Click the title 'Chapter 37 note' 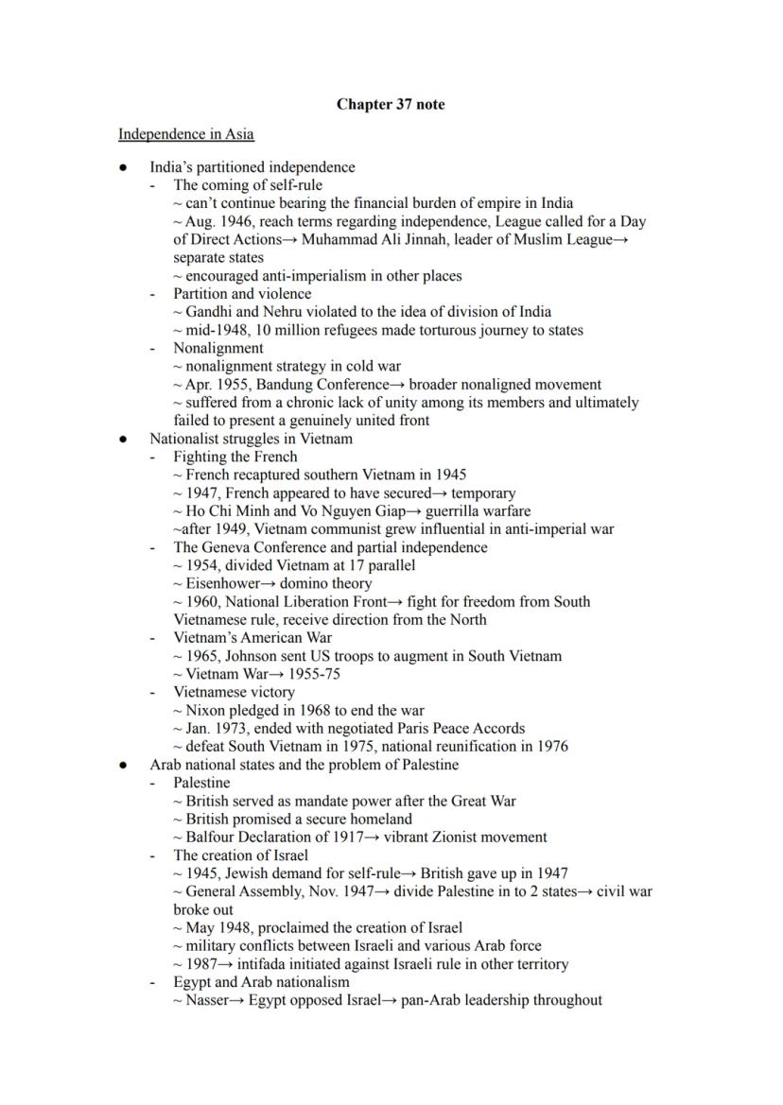[391, 105]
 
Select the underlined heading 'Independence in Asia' [185, 134]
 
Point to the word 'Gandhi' [208, 312]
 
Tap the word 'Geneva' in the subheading [225, 547]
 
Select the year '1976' [551, 747]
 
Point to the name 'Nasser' [207, 1000]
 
